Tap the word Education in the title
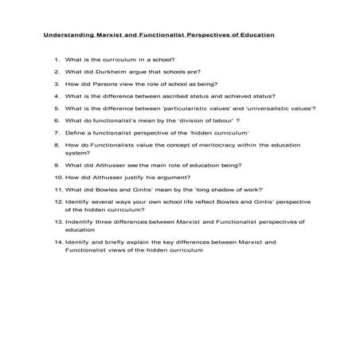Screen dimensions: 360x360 pos(253,36)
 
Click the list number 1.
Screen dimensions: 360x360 pos(57,60)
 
